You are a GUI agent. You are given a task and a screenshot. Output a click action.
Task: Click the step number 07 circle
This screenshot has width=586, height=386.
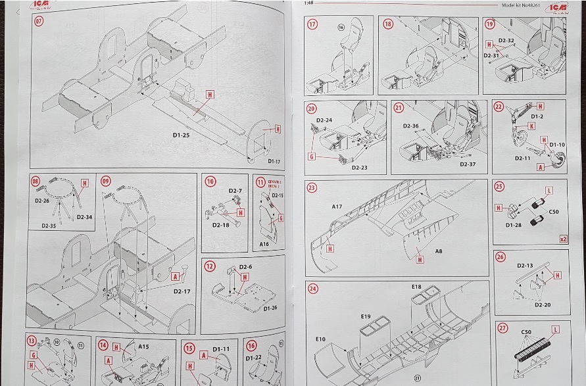(x=39, y=20)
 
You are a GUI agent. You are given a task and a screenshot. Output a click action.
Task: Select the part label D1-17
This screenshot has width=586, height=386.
(x=274, y=160)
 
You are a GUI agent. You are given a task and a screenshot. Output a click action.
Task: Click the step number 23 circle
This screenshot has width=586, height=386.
(x=312, y=187)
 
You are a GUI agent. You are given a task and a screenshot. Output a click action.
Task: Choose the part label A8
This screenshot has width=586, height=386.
(x=438, y=252)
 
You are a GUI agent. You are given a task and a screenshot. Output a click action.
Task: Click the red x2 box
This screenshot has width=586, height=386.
(x=563, y=239)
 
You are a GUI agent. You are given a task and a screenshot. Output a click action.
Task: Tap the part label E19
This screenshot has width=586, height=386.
(x=366, y=316)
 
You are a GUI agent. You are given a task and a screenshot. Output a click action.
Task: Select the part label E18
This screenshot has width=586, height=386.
(x=416, y=287)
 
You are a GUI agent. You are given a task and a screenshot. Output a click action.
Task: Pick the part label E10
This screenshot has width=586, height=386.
(x=320, y=339)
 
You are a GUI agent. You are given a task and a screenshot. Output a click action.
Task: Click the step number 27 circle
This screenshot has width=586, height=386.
(x=502, y=327)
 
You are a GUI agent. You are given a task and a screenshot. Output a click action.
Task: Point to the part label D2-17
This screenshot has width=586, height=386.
(x=182, y=291)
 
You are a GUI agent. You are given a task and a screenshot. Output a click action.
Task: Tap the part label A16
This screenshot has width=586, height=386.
(x=264, y=243)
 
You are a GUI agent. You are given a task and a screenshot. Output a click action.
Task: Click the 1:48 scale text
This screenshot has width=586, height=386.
(x=310, y=3)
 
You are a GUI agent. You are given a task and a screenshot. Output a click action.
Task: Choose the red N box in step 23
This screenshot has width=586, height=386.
(x=420, y=260)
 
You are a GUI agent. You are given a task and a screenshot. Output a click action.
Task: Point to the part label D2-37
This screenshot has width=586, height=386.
(x=468, y=164)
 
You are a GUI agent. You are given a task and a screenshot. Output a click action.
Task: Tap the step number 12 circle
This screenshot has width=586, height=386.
(x=210, y=266)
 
